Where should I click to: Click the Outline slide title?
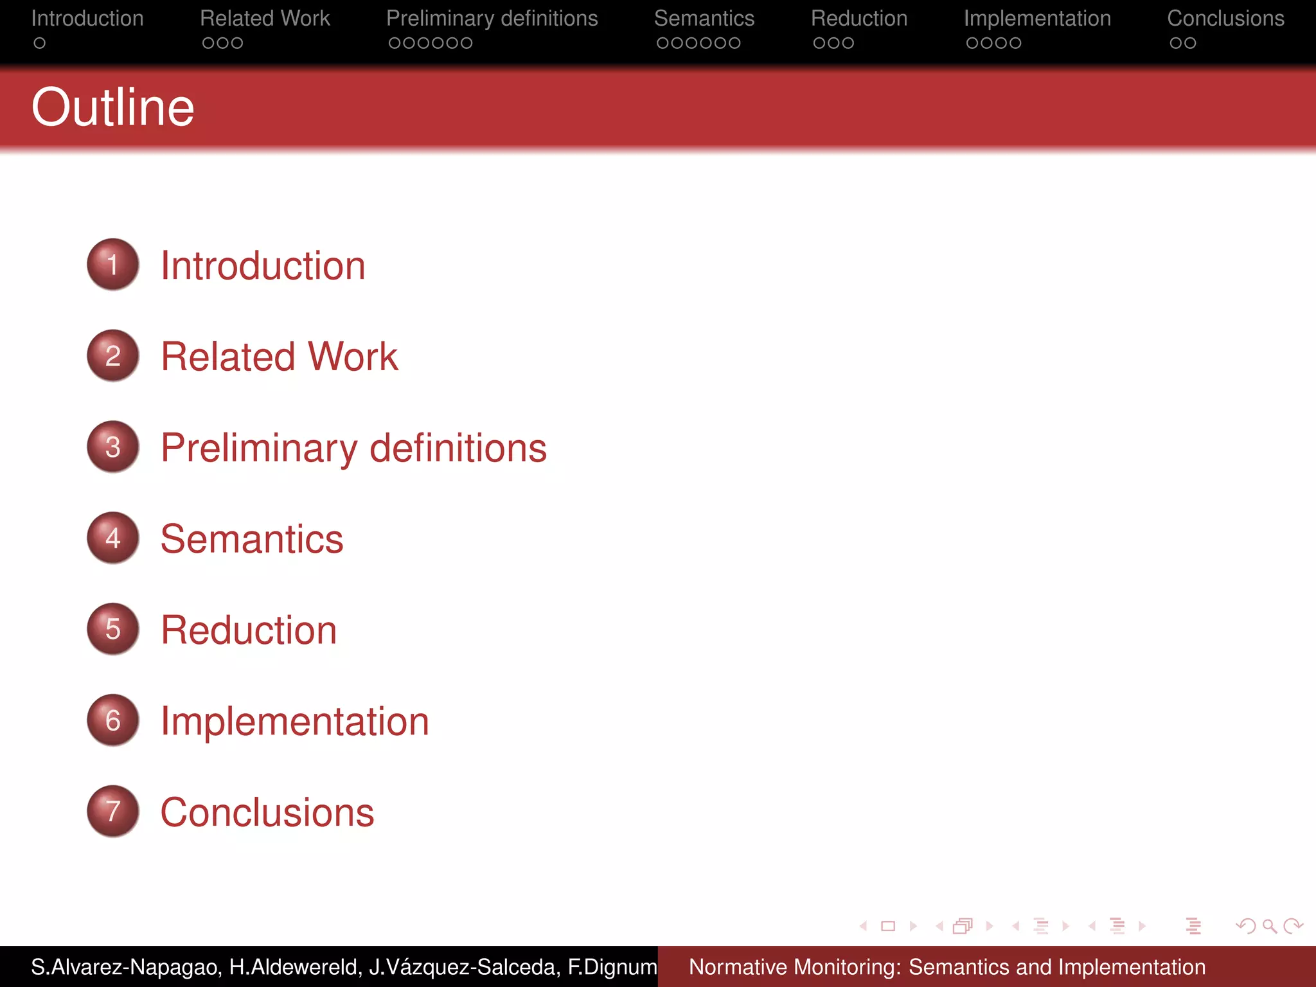click(x=112, y=107)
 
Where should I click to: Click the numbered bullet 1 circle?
click(x=113, y=264)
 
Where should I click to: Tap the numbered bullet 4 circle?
click(x=113, y=538)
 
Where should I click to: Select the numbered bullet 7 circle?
click(x=113, y=811)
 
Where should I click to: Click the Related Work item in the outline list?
click(x=279, y=357)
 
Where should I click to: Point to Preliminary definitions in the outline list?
click(x=353, y=448)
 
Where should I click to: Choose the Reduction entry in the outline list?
click(x=249, y=630)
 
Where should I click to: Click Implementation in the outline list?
click(x=294, y=721)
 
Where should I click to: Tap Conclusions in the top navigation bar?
click(x=1225, y=19)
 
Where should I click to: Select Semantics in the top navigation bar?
click(x=704, y=19)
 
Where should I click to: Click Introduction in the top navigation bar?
click(x=87, y=19)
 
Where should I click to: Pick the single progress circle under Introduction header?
click(x=40, y=43)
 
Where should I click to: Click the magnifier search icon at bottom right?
click(x=1269, y=926)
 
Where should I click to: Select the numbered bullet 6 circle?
click(x=113, y=720)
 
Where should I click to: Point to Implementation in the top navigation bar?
click(x=1037, y=19)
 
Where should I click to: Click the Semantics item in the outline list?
click(x=252, y=539)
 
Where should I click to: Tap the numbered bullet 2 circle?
click(x=113, y=355)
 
